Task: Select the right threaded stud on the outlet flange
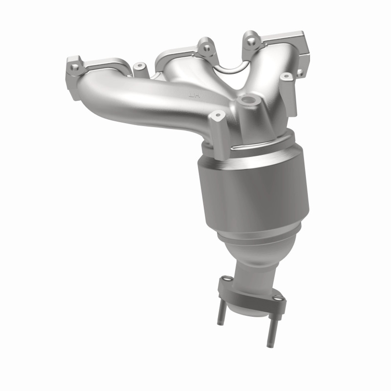coord(269,330)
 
